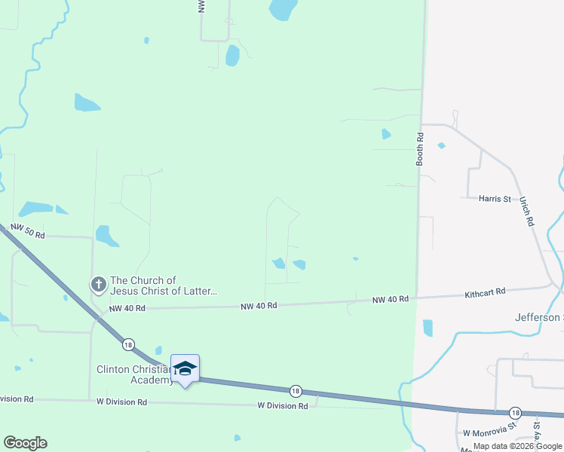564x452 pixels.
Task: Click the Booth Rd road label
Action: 420,149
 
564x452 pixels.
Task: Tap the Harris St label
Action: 495,199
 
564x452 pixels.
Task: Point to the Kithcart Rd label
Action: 485,292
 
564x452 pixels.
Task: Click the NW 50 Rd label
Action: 28,231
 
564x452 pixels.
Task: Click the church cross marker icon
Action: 98,285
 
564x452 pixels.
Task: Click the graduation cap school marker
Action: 185,368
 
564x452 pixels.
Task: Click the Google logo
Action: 25,443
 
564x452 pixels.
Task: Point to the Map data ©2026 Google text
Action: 517,446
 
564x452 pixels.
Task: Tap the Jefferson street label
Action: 538,317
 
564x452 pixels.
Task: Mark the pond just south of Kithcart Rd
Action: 428,328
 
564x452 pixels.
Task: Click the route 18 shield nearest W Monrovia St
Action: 515,413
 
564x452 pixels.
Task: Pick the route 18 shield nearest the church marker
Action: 129,344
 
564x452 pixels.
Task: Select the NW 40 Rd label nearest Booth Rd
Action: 391,299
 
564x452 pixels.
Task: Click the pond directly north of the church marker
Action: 107,237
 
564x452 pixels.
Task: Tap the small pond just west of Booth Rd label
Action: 386,134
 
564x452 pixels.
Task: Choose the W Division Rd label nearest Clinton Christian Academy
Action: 121,402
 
